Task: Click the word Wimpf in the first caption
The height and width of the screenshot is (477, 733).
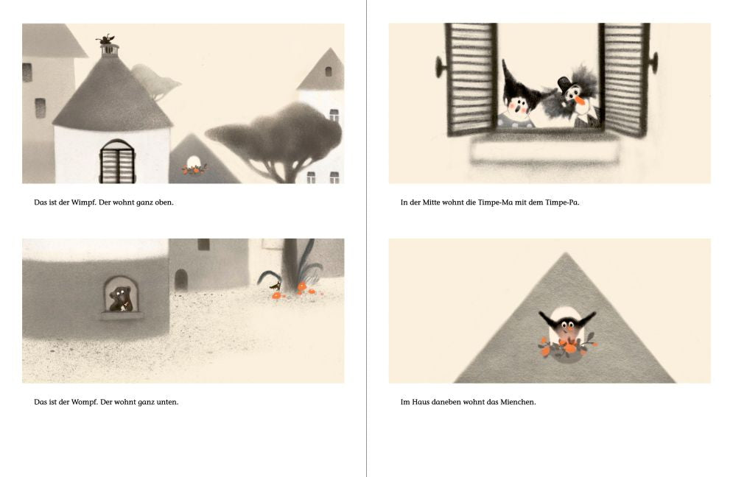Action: point(83,202)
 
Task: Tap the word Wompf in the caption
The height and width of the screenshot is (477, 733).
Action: point(85,402)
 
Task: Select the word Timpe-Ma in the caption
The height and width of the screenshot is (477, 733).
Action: point(496,202)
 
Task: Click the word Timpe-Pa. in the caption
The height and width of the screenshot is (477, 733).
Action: point(562,202)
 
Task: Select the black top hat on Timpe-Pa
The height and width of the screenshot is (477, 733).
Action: point(565,84)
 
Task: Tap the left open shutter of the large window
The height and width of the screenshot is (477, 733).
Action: point(471,79)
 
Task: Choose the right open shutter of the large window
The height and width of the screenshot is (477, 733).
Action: point(624,79)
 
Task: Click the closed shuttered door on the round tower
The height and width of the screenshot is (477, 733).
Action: point(117,162)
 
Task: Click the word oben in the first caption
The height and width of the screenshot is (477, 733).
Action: point(164,202)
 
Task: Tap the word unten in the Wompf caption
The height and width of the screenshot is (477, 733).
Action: point(167,402)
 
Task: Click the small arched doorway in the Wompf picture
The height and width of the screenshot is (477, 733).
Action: point(181,280)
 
